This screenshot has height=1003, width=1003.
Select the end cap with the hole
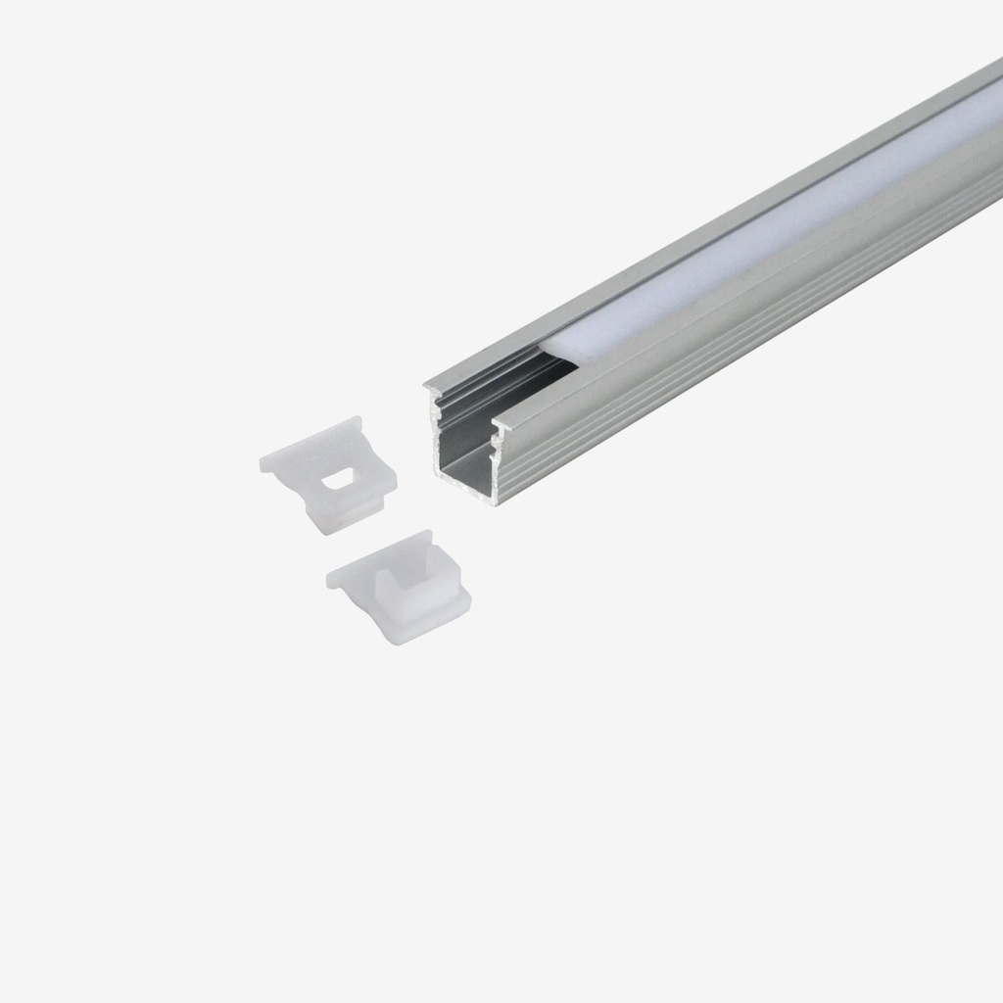coord(329,470)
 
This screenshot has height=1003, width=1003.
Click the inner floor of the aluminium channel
coord(468,470)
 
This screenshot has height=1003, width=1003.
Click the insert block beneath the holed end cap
coord(338,514)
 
